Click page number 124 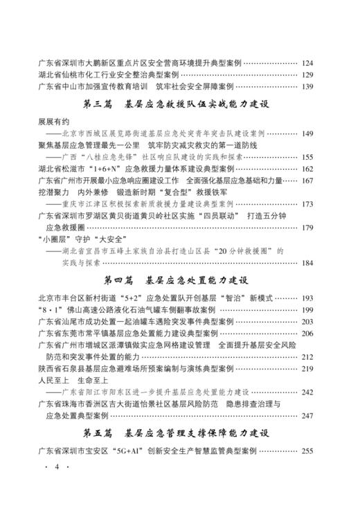[308, 63]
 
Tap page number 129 [308, 75]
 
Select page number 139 [308, 87]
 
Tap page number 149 [308, 133]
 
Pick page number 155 [308, 157]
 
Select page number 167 [308, 181]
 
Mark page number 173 [308, 204]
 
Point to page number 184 [308, 263]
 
